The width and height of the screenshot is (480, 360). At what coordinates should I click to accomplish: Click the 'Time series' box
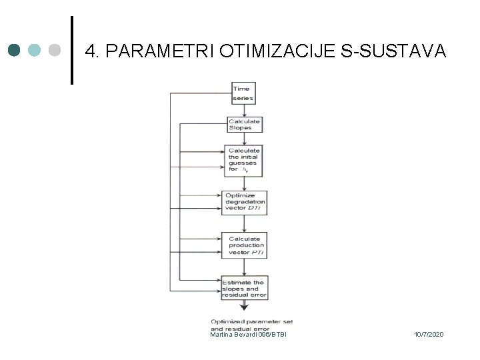pos(243,93)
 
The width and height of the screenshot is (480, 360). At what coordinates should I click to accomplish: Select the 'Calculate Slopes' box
pos(244,125)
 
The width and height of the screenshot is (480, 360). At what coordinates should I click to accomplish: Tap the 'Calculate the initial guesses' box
pos(244,161)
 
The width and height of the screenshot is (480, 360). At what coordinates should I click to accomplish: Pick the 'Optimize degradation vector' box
pos(245,201)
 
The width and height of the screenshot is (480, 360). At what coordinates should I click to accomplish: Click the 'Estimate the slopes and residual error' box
pos(245,287)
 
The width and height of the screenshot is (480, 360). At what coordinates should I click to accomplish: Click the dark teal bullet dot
pos(15,51)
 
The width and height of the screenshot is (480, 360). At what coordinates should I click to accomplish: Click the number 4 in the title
pos(93,51)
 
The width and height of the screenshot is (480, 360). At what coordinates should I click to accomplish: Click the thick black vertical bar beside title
pos(72,51)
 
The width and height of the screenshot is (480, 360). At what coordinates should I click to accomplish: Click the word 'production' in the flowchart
pos(247,245)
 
